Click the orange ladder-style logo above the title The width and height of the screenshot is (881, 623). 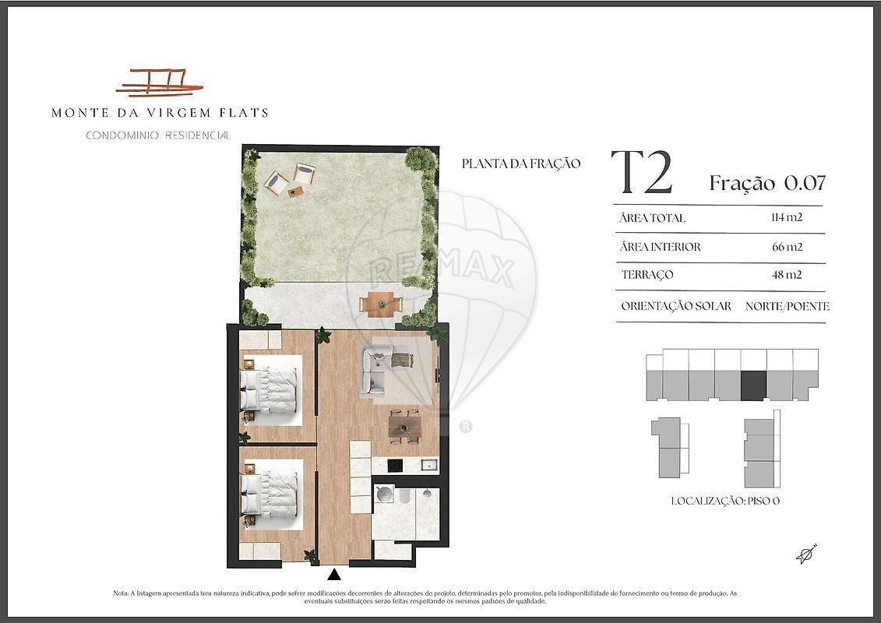(x=159, y=82)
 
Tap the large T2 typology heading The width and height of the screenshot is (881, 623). (x=642, y=172)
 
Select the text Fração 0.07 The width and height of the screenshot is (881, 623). (x=767, y=182)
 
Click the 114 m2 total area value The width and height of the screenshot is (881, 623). (x=787, y=216)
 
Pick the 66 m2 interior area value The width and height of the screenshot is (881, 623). (x=788, y=246)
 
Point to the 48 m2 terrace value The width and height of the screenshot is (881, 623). (x=787, y=275)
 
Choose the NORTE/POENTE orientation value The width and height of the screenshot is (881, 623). (x=788, y=306)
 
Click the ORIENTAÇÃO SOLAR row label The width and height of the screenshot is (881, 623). (x=676, y=306)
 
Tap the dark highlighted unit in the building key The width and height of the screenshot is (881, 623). (x=753, y=385)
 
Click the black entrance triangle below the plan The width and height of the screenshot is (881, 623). (x=334, y=574)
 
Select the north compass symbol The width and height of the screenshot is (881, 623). (x=806, y=554)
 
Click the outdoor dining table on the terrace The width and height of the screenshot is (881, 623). (x=382, y=304)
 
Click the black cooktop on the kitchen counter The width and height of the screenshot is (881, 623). (x=396, y=466)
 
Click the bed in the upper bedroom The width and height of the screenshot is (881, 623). (x=269, y=389)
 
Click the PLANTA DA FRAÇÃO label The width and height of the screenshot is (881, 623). (x=521, y=164)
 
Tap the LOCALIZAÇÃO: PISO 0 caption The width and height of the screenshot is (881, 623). (x=725, y=501)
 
